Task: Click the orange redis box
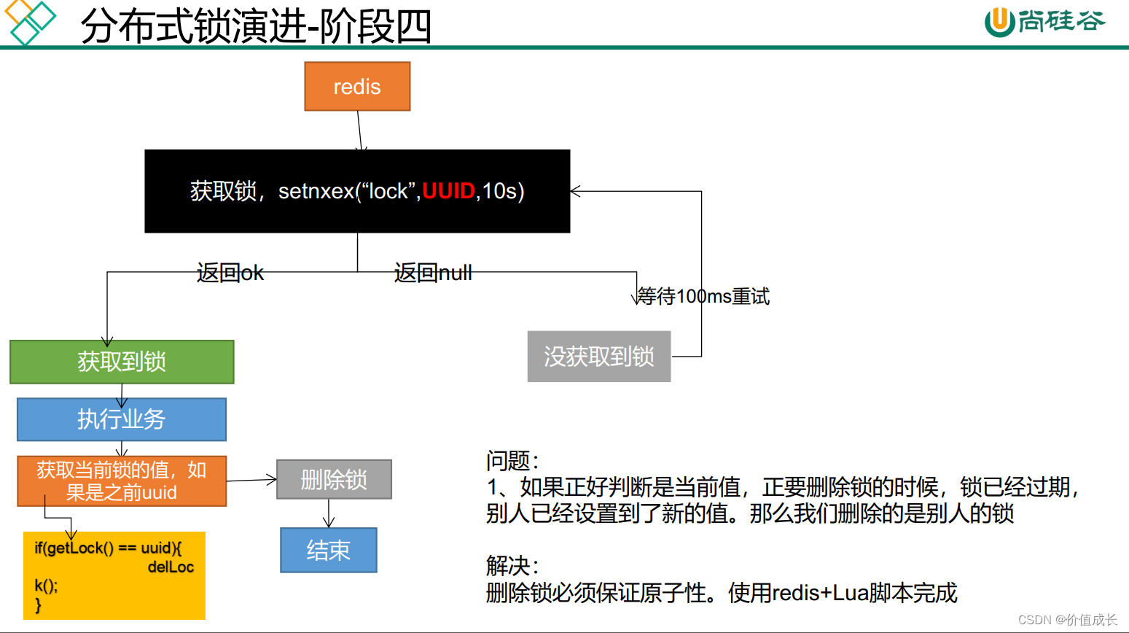357,87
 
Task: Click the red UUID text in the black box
448,191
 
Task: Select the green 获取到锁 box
122,362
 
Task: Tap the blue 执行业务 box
122,419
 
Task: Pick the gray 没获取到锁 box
599,357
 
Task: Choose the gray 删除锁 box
334,480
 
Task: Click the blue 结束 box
329,550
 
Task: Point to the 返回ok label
230,273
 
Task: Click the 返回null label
433,273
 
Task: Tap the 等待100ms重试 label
703,297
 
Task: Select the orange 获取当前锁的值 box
122,481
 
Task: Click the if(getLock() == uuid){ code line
108,548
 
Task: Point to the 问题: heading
512,461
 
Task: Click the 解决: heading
512,566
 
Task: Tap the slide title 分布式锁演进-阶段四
256,26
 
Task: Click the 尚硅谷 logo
1044,21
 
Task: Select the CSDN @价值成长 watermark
1067,620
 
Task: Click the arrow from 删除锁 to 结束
329,513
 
